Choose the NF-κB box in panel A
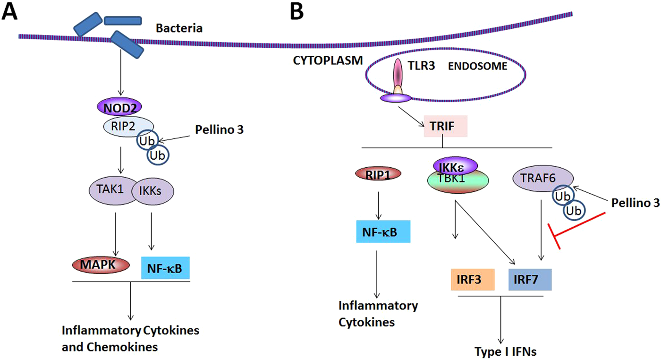click(x=165, y=268)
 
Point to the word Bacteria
click(x=179, y=28)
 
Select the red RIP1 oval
click(x=378, y=173)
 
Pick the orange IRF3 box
click(x=472, y=279)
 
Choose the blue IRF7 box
click(x=530, y=279)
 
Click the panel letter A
click(x=10, y=12)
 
